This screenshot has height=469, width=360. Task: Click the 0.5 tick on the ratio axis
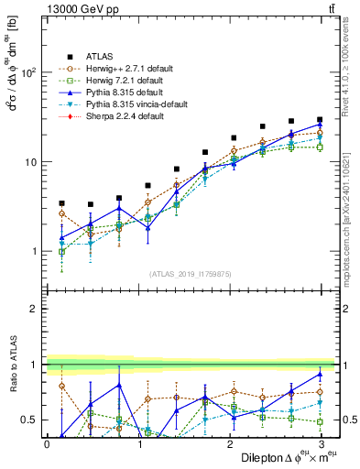(27, 420)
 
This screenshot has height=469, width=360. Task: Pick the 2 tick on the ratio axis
(33, 309)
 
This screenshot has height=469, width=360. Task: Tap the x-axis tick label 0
(47, 443)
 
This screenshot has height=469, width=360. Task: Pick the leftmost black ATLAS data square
(61, 203)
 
